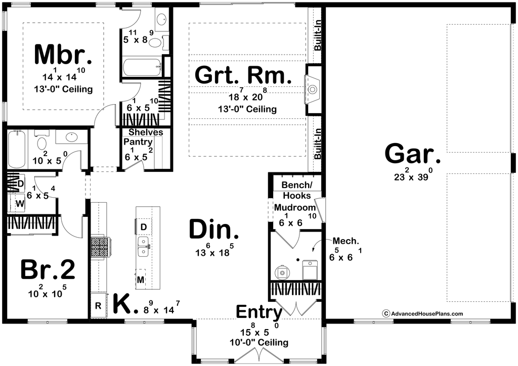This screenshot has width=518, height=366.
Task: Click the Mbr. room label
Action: point(63,55)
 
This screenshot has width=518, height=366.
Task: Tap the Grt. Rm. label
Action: point(243,75)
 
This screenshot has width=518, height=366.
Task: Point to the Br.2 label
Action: point(48,269)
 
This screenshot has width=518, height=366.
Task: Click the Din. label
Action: point(214,230)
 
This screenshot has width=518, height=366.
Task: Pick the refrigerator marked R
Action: point(98,306)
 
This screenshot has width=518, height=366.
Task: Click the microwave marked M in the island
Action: point(141,280)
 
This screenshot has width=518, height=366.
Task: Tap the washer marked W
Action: point(20,204)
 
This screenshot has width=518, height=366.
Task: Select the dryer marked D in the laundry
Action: point(20,184)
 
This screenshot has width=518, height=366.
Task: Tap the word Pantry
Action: point(138,142)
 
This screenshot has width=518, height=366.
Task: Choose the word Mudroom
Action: point(295,208)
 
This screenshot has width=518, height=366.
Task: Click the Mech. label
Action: point(346,241)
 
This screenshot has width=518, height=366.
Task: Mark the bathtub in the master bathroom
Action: point(143,68)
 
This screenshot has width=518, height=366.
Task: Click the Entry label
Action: point(259,311)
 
